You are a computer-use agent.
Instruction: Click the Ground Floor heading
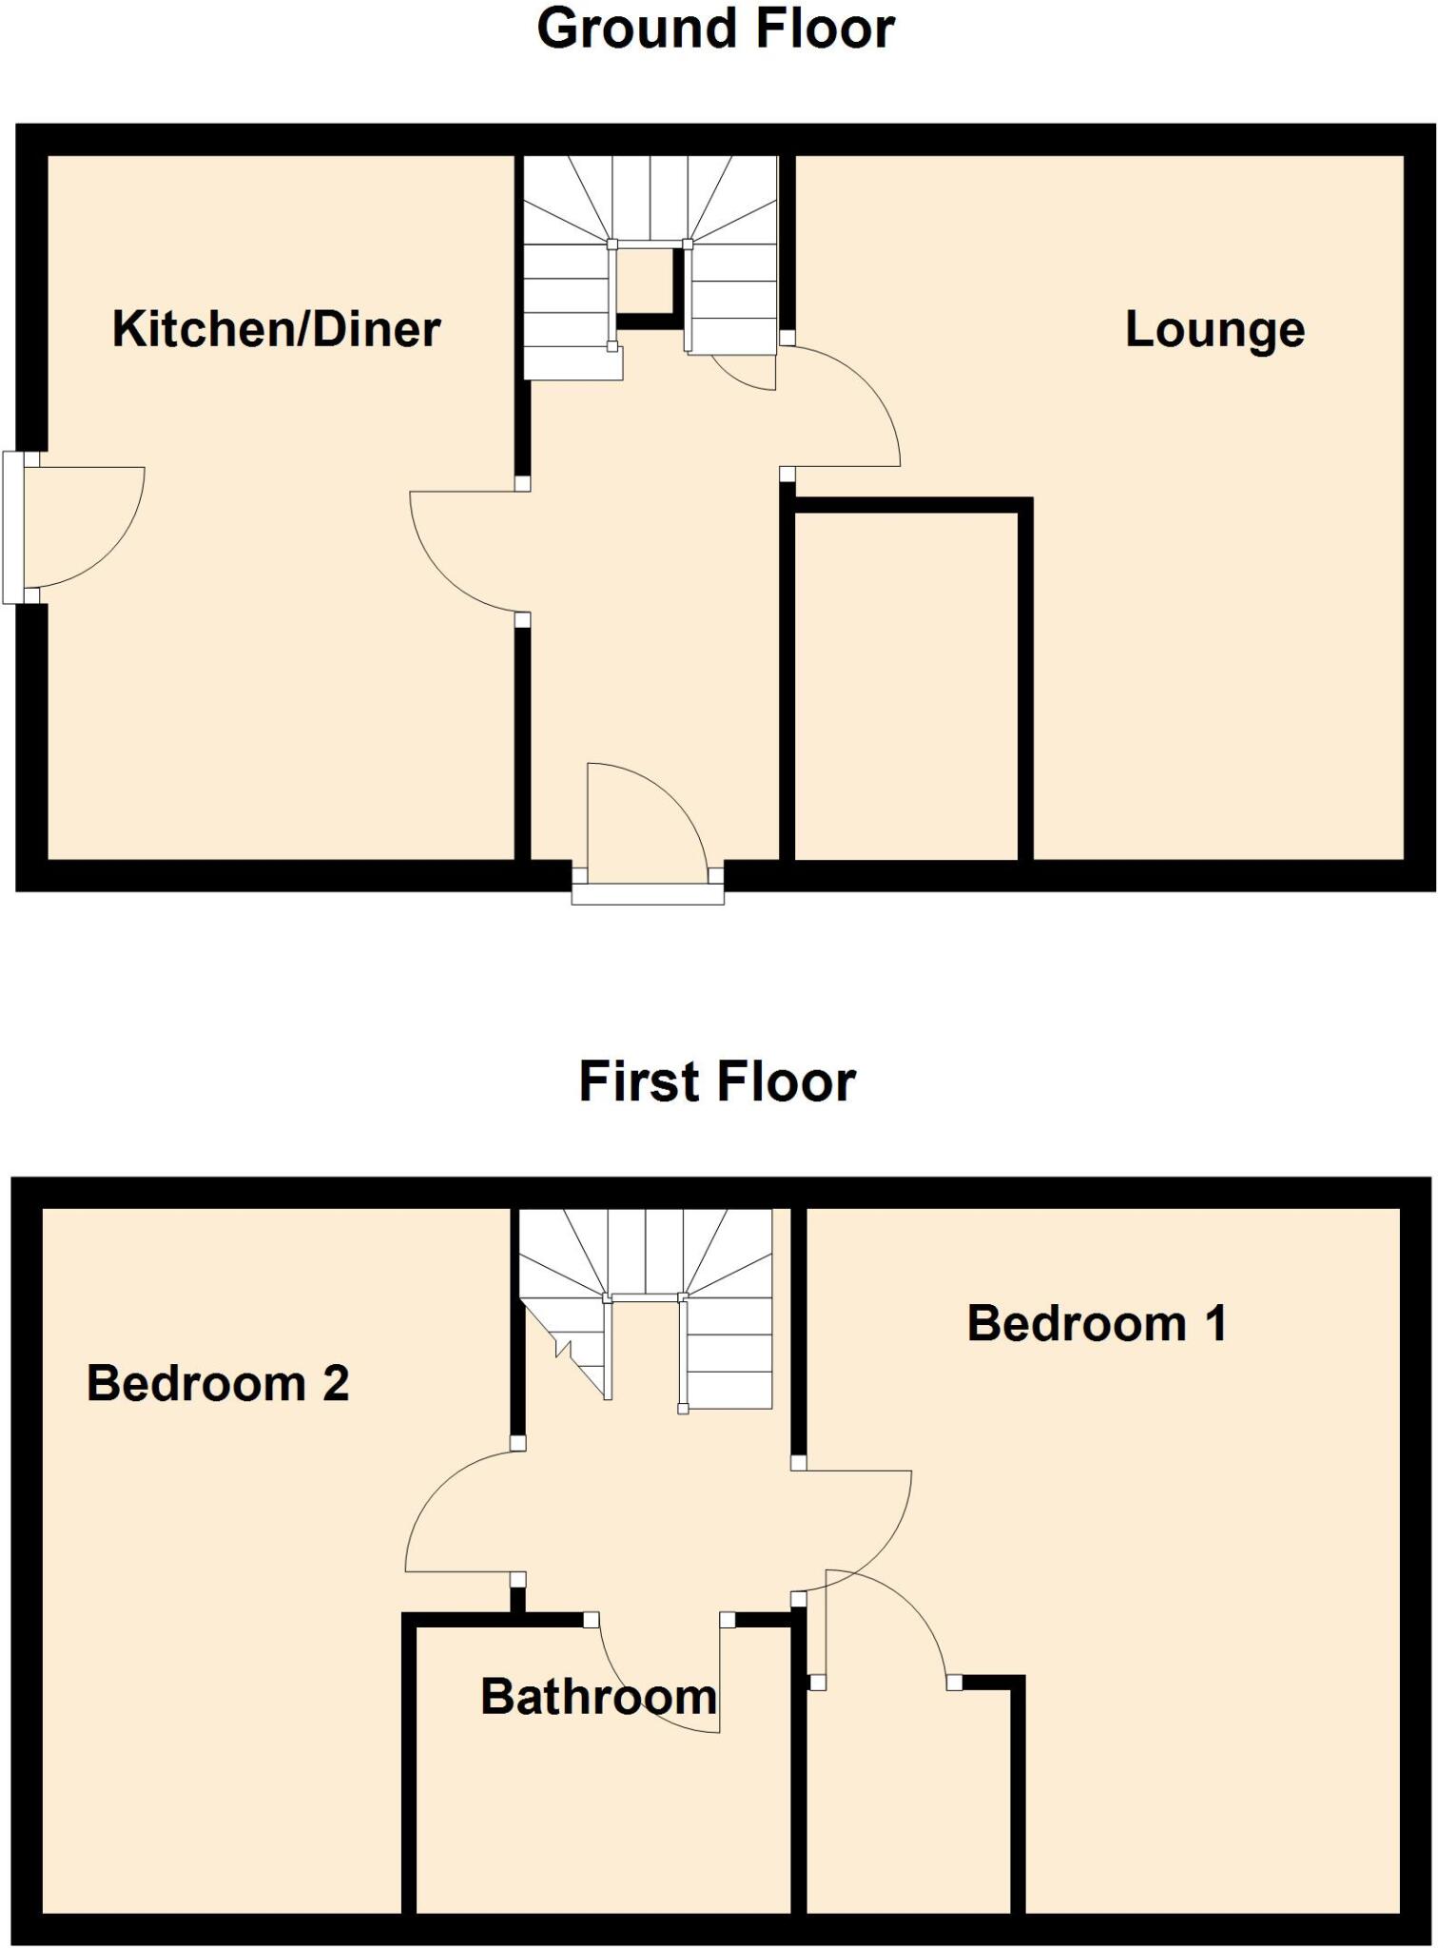(x=715, y=29)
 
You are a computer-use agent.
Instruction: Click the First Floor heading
(x=717, y=1082)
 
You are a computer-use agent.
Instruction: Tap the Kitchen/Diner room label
(x=276, y=329)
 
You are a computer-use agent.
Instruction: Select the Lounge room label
(x=1215, y=330)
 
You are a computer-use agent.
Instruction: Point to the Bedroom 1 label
(x=1096, y=1323)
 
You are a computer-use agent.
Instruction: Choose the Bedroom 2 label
(x=218, y=1383)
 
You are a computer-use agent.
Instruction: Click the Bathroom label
(x=598, y=1697)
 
